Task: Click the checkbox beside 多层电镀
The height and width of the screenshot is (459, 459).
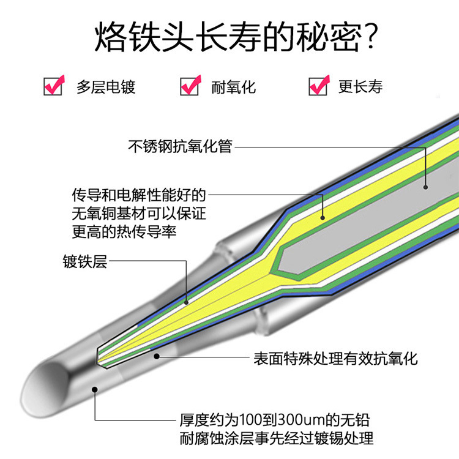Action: click(x=53, y=86)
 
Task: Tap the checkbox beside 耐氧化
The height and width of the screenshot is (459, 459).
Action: click(x=190, y=86)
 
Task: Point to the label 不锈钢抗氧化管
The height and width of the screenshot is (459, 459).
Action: click(x=181, y=147)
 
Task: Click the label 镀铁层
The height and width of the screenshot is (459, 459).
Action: click(x=85, y=262)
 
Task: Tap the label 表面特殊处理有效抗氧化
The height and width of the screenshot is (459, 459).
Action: click(x=336, y=357)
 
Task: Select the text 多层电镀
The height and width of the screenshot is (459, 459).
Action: click(x=106, y=87)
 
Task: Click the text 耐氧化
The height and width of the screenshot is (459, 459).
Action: click(x=233, y=87)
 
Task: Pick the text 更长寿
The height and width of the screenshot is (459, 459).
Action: click(x=360, y=87)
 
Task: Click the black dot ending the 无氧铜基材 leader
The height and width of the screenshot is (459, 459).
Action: click(x=322, y=215)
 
